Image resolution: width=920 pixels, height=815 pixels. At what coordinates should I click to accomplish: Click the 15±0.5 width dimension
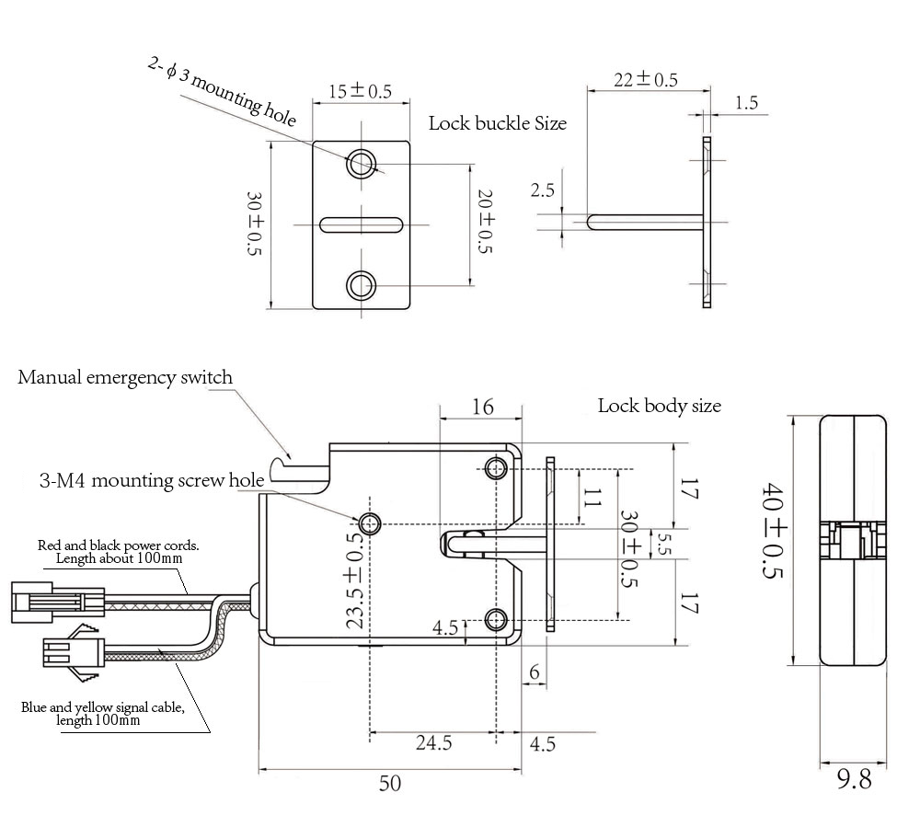click(360, 91)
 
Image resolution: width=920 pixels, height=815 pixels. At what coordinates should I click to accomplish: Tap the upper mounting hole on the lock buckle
click(361, 164)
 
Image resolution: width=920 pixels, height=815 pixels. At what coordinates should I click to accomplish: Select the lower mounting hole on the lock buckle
click(361, 284)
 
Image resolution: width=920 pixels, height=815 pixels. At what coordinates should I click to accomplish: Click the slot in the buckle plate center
click(361, 224)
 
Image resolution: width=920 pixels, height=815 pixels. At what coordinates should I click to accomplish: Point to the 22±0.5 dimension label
click(646, 80)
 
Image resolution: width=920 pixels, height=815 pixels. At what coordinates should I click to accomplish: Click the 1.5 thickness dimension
click(746, 103)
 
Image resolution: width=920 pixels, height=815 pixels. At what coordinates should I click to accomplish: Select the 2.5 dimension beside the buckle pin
click(543, 190)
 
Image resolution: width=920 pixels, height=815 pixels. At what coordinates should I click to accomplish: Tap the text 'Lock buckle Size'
click(498, 122)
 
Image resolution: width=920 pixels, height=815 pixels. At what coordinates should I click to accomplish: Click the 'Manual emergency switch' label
click(125, 377)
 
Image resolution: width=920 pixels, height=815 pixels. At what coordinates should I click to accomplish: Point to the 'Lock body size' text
click(659, 405)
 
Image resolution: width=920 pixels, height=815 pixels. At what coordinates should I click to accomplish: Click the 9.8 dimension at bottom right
click(854, 780)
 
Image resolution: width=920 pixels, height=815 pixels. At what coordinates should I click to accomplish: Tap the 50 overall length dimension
click(390, 784)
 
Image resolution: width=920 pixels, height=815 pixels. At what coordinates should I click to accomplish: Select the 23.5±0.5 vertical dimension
click(354, 580)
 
